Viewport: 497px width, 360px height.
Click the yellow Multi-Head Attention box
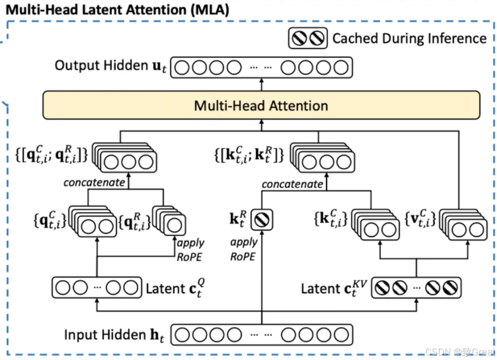coord(261,105)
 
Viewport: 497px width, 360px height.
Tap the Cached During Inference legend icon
coord(307,38)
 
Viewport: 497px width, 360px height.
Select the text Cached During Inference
coord(409,38)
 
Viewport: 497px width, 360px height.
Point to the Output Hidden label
coord(108,66)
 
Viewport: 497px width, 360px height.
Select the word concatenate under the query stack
coord(94,182)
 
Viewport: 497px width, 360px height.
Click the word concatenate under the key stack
coord(293,184)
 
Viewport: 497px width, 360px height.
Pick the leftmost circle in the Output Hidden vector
coord(183,68)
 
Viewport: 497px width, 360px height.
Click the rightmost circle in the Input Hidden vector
coord(341,335)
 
